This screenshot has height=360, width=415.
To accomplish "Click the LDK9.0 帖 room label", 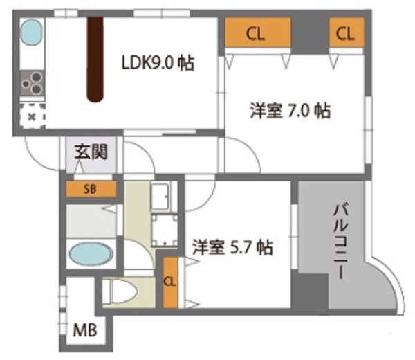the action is pyautogui.click(x=158, y=63).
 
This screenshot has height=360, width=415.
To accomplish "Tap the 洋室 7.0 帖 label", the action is pyautogui.click(x=290, y=111).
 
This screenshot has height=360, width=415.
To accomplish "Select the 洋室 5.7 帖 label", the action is pyautogui.click(x=232, y=247).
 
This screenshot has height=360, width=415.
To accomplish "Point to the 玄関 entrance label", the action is pyautogui.click(x=91, y=152).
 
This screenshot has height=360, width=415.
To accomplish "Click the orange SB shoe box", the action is pyautogui.click(x=91, y=189).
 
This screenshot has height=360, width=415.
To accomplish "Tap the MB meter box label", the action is pyautogui.click(x=85, y=330).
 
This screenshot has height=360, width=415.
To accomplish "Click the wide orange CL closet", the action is pyautogui.click(x=258, y=33).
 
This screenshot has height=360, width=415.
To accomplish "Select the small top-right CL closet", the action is pyautogui.click(x=347, y=33).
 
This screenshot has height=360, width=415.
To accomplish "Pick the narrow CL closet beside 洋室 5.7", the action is pyautogui.click(x=170, y=282).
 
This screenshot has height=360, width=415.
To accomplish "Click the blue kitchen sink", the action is pyautogui.click(x=32, y=33).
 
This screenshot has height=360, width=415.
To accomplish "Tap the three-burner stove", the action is pyautogui.click(x=33, y=83).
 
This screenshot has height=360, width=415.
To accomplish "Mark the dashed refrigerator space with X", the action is pyautogui.click(x=33, y=116).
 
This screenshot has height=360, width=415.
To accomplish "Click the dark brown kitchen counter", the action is pyautogui.click(x=95, y=60).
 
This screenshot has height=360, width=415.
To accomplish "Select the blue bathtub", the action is pyautogui.click(x=91, y=254).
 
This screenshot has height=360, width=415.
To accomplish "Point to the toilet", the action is pyautogui.click(x=120, y=292).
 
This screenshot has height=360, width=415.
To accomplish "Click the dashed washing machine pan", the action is pyautogui.click(x=165, y=230).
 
